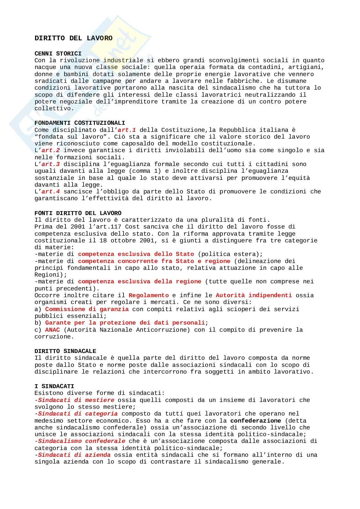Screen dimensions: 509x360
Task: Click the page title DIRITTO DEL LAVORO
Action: pos(74,38)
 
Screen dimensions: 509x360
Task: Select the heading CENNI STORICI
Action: pos(58,54)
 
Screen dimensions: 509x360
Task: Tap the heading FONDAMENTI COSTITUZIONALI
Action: pos(80,123)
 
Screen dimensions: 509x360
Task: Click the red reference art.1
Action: pos(127,130)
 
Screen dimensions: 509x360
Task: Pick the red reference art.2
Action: pos(51,150)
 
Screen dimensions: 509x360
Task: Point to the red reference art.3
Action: pos(51,164)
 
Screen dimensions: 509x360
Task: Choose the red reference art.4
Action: pos(51,191)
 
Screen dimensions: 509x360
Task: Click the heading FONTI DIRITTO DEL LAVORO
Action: pos(78,213)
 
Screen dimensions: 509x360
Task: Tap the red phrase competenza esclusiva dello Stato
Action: pos(136,254)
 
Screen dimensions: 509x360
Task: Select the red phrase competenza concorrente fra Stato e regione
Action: pos(154,261)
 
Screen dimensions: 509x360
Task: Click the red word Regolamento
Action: pos(148,295)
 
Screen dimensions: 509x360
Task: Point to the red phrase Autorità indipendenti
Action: pos(254,295)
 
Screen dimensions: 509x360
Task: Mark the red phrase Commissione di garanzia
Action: pos(87,309)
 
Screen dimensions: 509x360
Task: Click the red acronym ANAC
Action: pos(53,330)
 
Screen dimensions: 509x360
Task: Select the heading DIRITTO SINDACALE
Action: pos(65,351)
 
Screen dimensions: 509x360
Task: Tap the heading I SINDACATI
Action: pos(54,386)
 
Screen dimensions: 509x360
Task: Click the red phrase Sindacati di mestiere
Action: pos(76,400)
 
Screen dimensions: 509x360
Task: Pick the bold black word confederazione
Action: pos(255,421)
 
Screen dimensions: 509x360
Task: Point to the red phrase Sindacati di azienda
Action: pos(74,455)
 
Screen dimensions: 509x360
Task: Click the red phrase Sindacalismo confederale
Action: pos(82,441)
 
